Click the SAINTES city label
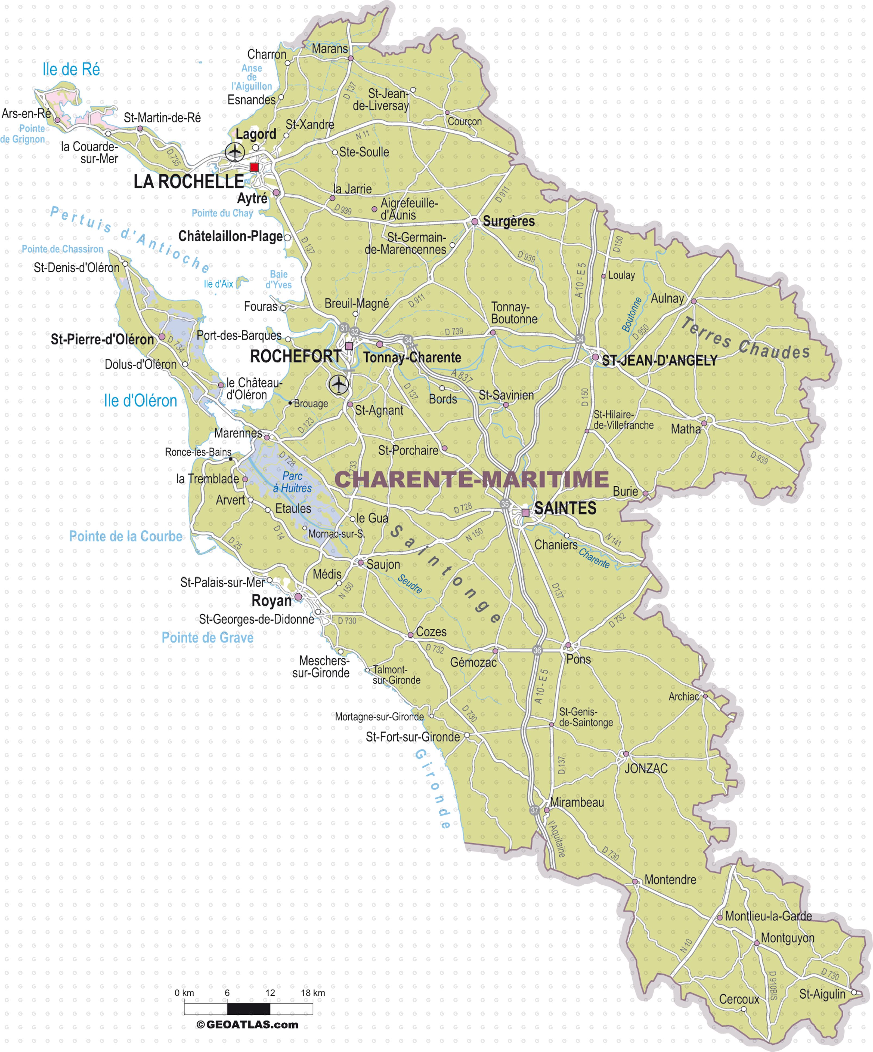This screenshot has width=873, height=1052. [565, 509]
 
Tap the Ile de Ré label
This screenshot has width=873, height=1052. [71, 70]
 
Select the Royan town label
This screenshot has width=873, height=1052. [271, 601]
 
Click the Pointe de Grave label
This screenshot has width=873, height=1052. [207, 638]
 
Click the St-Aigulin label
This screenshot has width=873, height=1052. [822, 994]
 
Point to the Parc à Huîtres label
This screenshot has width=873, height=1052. [292, 482]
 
